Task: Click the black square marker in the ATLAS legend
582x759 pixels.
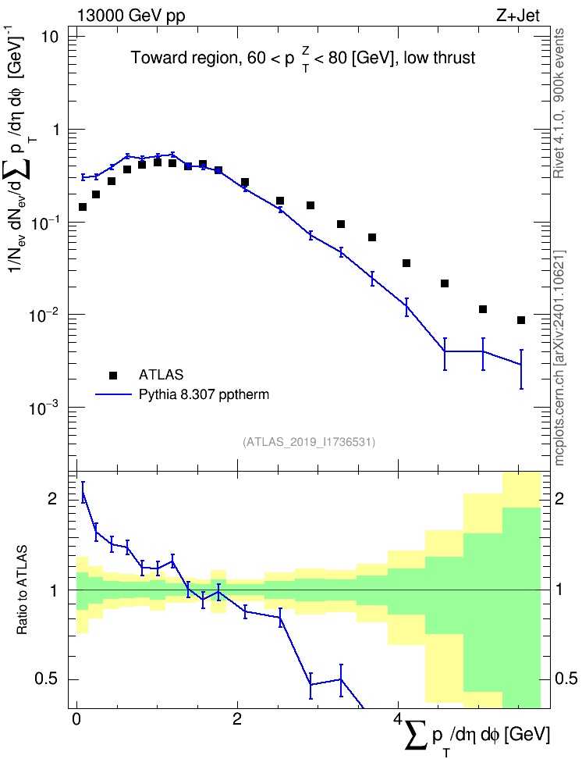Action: tap(113, 375)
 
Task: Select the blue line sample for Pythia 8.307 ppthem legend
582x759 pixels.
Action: tap(113, 394)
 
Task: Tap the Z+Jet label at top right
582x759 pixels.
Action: tap(518, 16)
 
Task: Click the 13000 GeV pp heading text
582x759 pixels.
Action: tap(131, 16)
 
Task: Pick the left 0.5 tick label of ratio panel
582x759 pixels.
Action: tap(47, 679)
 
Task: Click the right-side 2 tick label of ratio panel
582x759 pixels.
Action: tap(559, 498)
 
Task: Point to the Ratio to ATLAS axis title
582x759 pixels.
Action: tap(22, 590)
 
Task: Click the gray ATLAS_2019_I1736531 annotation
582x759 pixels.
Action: tap(309, 441)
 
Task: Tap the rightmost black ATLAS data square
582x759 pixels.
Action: tap(521, 320)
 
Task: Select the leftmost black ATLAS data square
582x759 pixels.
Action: tap(83, 207)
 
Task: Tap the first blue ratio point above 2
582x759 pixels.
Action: tap(83, 493)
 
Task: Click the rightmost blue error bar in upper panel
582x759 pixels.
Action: tap(521, 369)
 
